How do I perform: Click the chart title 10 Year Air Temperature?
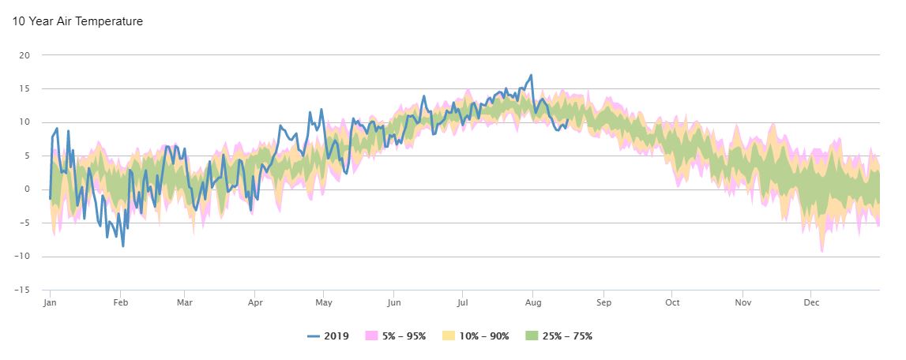(77, 21)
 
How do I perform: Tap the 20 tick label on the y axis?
(24, 55)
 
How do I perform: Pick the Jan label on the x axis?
(50, 302)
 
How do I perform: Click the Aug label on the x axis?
(533, 302)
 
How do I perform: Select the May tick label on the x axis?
(324, 302)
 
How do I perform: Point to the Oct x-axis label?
(672, 302)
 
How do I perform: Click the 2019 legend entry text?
(337, 336)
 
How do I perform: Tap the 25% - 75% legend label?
(567, 336)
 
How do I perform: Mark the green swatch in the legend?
(532, 336)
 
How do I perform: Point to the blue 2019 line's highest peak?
(532, 75)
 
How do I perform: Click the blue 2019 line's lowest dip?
(123, 246)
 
